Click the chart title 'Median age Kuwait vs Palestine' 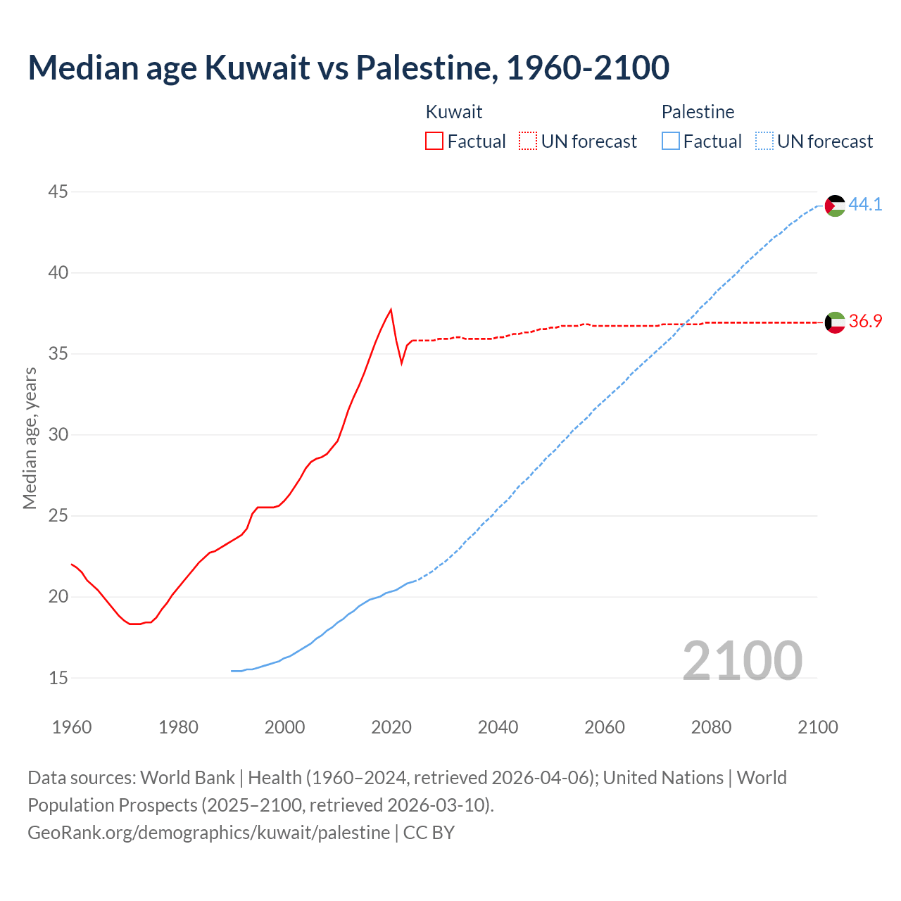tap(348, 68)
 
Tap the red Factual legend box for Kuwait tap(434, 141)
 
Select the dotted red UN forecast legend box tap(528, 141)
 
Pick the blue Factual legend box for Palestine tap(671, 141)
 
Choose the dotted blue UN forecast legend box tap(764, 141)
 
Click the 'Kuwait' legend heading tap(454, 112)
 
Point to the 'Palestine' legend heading tap(698, 112)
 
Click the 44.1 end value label tap(865, 204)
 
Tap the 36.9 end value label tap(865, 322)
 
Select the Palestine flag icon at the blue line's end tap(835, 206)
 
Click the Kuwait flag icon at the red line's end tap(835, 322)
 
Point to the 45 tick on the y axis tap(58, 191)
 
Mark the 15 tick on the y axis tap(58, 678)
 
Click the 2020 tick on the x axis tap(391, 727)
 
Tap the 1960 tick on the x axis tap(72, 727)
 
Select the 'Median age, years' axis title tap(30, 438)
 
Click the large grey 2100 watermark tap(742, 660)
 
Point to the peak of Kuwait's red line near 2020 tap(391, 310)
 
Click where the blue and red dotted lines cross tap(686, 324)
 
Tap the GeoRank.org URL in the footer tap(208, 832)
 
